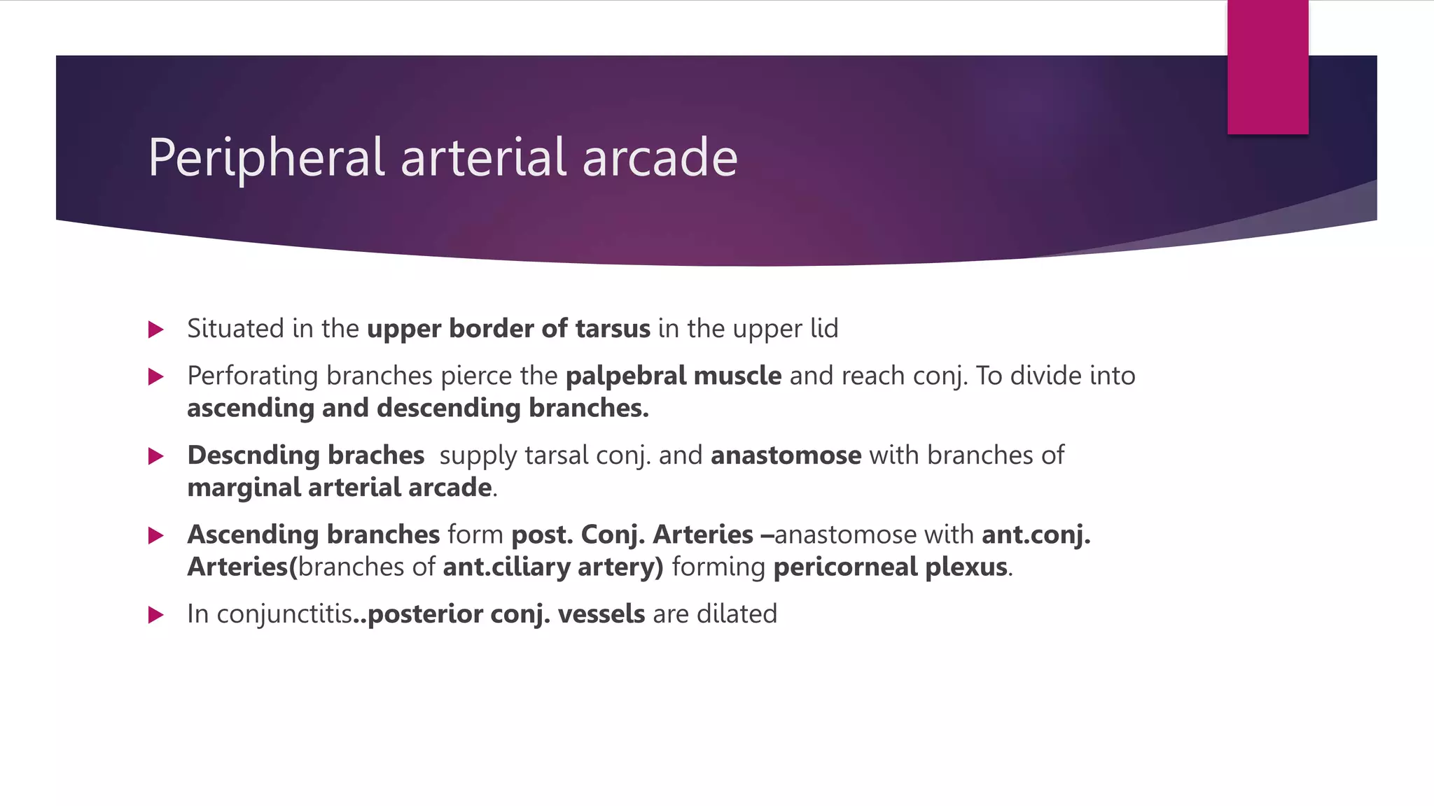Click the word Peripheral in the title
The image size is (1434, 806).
pyautogui.click(x=266, y=158)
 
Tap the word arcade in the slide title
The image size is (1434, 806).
pyautogui.click(x=660, y=158)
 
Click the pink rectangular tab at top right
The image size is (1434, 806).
pyautogui.click(x=1267, y=66)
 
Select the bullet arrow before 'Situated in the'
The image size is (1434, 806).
pyautogui.click(x=156, y=330)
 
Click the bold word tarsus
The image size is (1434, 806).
pyautogui.click(x=613, y=329)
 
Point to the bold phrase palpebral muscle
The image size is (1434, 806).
pyautogui.click(x=673, y=376)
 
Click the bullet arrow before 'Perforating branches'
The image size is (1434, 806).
pyautogui.click(x=156, y=377)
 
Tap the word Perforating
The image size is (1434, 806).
pyautogui.click(x=253, y=376)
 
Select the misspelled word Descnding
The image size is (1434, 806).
pyautogui.click(x=253, y=455)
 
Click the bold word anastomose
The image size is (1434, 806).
pyautogui.click(x=786, y=455)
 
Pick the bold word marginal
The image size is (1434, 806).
pyautogui.click(x=244, y=488)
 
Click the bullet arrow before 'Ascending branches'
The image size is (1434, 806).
pyautogui.click(x=156, y=536)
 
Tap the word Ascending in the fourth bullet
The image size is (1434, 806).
pyautogui.click(x=253, y=535)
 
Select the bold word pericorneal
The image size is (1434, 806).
pyautogui.click(x=845, y=567)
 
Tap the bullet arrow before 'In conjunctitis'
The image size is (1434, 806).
pyautogui.click(x=156, y=615)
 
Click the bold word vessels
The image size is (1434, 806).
pyautogui.click(x=601, y=614)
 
